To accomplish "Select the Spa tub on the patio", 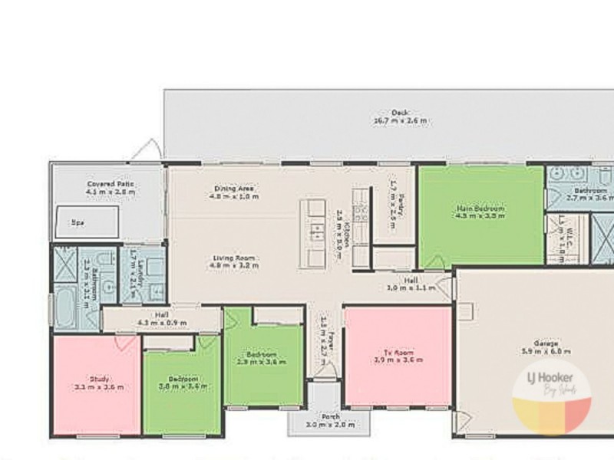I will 84,222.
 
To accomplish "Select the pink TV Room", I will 398,356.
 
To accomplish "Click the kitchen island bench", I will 313,233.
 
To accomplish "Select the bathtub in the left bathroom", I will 64,306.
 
